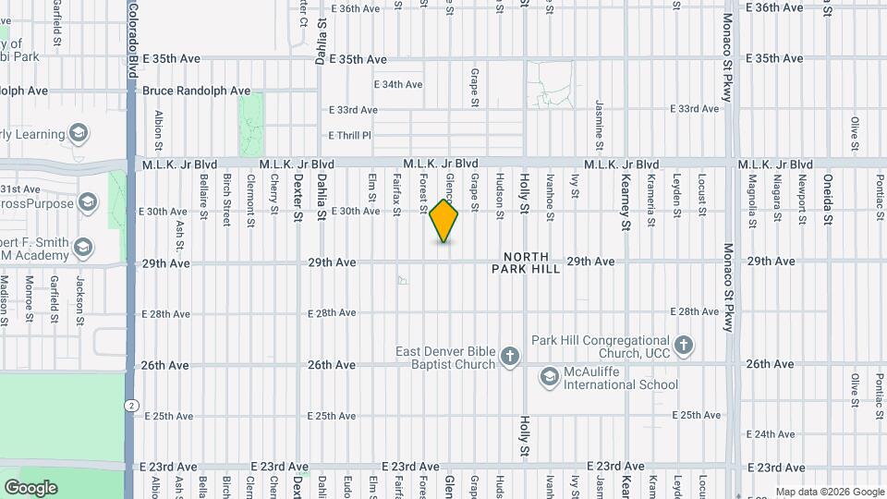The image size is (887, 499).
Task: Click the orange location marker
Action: click(x=444, y=221)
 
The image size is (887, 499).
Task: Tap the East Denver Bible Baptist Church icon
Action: click(x=509, y=357)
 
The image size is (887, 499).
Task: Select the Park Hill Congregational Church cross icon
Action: click(x=683, y=347)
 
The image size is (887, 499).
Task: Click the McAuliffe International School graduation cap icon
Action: click(x=550, y=376)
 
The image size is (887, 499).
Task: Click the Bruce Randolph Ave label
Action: click(x=196, y=91)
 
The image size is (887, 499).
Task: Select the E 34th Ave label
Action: click(x=397, y=84)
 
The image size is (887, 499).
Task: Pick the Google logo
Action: click(x=30, y=488)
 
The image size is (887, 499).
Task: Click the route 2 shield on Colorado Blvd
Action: click(x=132, y=405)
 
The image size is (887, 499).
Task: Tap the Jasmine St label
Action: click(x=600, y=125)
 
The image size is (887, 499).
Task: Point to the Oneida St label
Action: click(x=828, y=199)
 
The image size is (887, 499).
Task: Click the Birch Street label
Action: click(x=226, y=199)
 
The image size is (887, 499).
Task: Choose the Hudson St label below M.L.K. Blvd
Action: click(x=500, y=196)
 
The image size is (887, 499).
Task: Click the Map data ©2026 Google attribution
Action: click(x=829, y=492)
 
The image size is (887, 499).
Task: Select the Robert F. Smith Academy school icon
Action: click(x=83, y=247)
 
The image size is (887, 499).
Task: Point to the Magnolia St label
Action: click(x=753, y=194)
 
